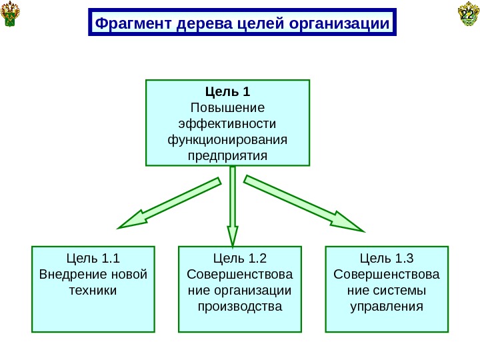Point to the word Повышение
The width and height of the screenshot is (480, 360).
coord(227,108)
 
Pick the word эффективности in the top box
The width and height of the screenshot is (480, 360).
coord(227,124)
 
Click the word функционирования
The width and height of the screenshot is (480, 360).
coord(227,140)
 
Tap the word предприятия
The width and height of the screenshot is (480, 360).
coord(227,156)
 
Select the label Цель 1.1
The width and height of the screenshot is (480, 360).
coord(93,259)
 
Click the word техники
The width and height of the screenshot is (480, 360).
coord(93,291)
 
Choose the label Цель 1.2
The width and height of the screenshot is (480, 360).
coord(240,259)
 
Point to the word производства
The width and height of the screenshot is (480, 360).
coord(240,307)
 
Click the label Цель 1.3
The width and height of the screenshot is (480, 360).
coord(387,259)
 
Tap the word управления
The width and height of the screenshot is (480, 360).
coord(387,307)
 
